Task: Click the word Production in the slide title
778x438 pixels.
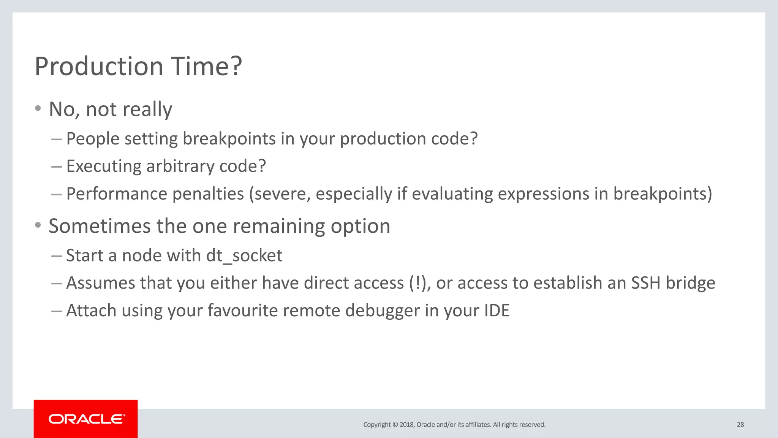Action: pyautogui.click(x=99, y=67)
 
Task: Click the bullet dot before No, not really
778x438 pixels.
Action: pyautogui.click(x=38, y=109)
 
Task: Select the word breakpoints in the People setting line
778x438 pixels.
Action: pyautogui.click(x=229, y=139)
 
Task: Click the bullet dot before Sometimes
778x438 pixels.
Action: pyautogui.click(x=38, y=225)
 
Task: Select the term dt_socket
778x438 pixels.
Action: pyautogui.click(x=244, y=255)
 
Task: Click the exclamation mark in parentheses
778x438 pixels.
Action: pyautogui.click(x=418, y=283)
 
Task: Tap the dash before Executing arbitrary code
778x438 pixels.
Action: pyautogui.click(x=57, y=167)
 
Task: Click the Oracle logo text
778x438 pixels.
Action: pyautogui.click(x=87, y=419)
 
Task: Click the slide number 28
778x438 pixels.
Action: pyautogui.click(x=740, y=425)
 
